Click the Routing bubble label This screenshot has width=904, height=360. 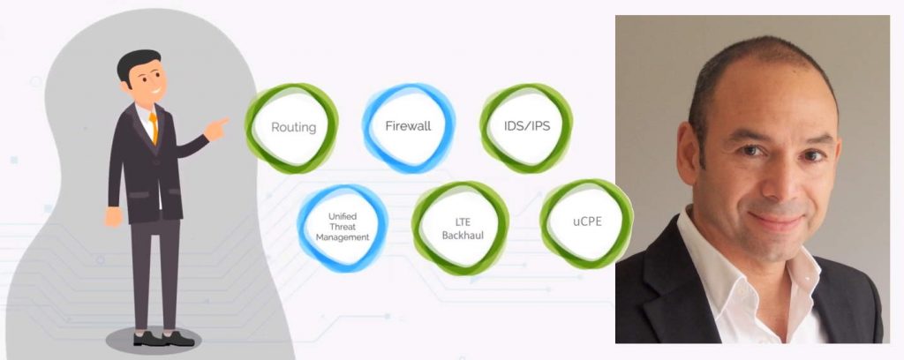coord(293,127)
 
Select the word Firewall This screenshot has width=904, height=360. coord(408,125)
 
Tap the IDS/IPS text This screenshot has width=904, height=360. coord(526,125)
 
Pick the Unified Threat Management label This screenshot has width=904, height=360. coord(343,227)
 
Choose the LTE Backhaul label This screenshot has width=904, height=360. coord(463,229)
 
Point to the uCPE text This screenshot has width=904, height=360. coord(587,221)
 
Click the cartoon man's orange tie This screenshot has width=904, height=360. coord(154,126)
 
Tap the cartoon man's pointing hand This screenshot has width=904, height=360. coord(216,129)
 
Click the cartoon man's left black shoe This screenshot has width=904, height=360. coord(146,338)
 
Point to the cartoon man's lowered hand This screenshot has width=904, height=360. coord(114,216)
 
